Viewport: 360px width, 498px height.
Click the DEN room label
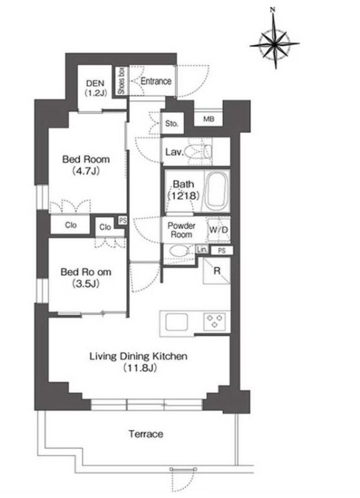(95, 83)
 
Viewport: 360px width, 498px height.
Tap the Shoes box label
(122, 81)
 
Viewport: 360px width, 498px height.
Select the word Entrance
(156, 81)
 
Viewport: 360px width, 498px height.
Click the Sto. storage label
(171, 123)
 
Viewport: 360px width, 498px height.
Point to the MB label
(209, 119)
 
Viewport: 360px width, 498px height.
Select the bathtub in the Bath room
(217, 191)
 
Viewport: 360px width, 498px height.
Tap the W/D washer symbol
(218, 230)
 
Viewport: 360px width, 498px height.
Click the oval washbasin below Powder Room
(179, 251)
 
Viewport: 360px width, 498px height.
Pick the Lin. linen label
(202, 249)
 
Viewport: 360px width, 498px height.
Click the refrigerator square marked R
(217, 271)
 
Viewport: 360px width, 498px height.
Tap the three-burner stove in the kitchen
(215, 321)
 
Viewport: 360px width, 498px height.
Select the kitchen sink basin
(176, 322)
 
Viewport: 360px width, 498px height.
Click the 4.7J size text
(86, 172)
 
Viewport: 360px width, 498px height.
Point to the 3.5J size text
(86, 284)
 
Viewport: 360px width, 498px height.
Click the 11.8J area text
(139, 368)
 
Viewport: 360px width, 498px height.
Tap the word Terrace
(146, 434)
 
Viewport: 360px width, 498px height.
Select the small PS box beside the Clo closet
(122, 220)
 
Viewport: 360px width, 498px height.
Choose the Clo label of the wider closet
(70, 225)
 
